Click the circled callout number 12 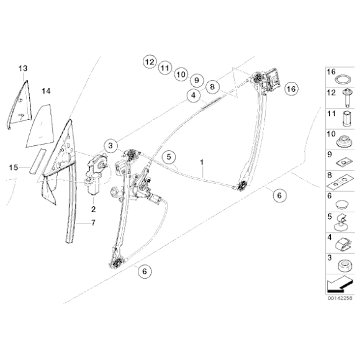pos(149,62)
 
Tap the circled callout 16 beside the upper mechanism pos(290,89)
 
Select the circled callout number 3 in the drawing pos(110,146)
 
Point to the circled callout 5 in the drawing pos(169,157)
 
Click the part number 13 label pos(23,68)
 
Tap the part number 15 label pos(14,167)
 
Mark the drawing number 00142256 pos(340,298)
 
